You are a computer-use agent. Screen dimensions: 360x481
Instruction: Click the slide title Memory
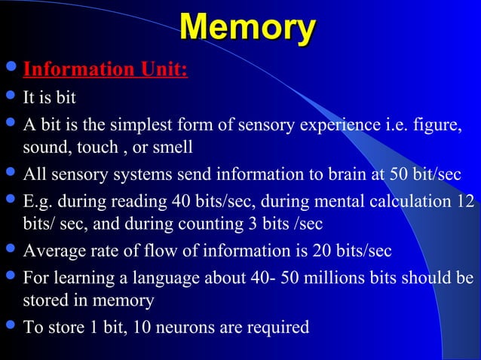pyautogui.click(x=247, y=29)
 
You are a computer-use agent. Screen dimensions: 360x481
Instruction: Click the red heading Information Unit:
pyautogui.click(x=106, y=70)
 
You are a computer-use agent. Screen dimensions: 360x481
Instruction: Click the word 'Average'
pyautogui.click(x=52, y=250)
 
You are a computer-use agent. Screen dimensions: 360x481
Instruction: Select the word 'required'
pyautogui.click(x=280, y=327)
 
